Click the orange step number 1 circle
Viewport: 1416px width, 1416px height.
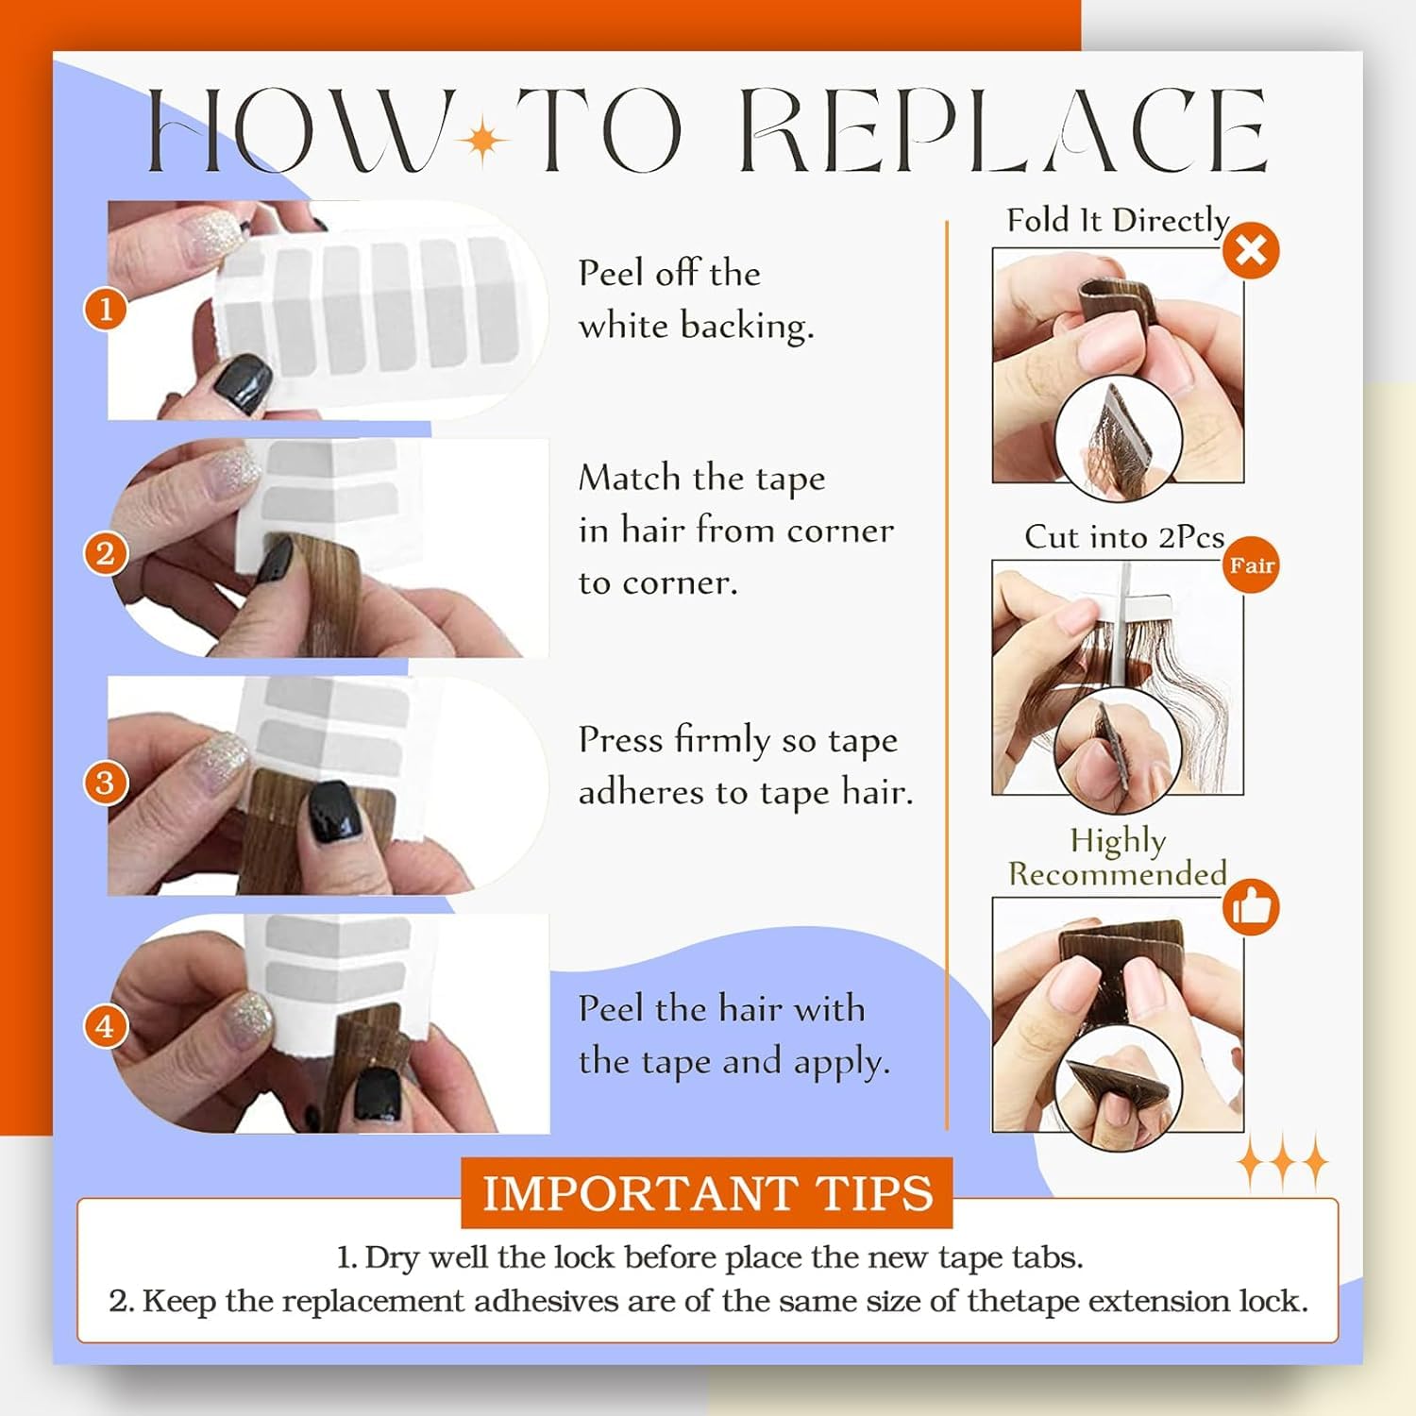tap(106, 309)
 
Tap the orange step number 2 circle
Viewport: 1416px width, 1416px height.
tap(106, 553)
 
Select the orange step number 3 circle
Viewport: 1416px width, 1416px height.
tap(106, 783)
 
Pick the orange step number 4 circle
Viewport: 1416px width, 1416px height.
tap(106, 1026)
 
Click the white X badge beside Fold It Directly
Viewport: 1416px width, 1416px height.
tap(1251, 250)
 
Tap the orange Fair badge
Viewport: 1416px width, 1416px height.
tap(1252, 565)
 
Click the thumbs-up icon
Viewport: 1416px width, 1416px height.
tap(1251, 907)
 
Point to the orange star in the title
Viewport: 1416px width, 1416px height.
tap(483, 141)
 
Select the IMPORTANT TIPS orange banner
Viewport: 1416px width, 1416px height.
tap(707, 1192)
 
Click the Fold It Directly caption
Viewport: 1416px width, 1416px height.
tap(1118, 220)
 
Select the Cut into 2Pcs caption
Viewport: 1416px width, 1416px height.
tap(1124, 536)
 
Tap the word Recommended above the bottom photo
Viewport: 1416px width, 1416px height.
tap(1118, 874)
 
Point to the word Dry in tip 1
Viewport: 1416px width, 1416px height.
tap(392, 1258)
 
